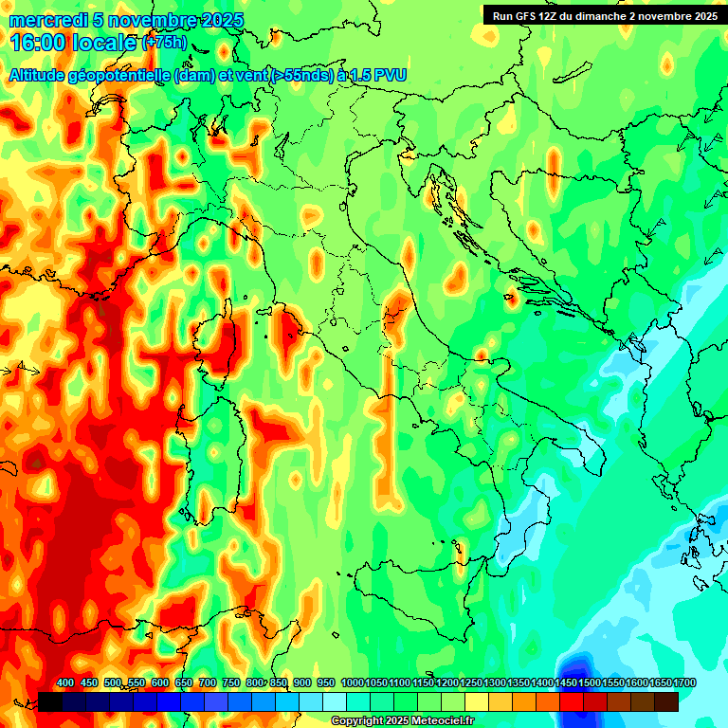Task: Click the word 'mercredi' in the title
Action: click(x=42, y=21)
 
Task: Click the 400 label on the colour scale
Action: click(x=65, y=683)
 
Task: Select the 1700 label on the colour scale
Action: click(x=661, y=683)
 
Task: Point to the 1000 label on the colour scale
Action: click(x=352, y=683)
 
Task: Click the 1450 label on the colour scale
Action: click(x=566, y=683)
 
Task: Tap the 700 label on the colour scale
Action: click(x=208, y=683)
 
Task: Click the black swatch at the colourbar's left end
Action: click(x=50, y=701)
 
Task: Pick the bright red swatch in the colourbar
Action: click(x=572, y=701)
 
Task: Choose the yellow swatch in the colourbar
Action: click(x=477, y=701)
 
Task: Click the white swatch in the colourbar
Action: click(x=335, y=701)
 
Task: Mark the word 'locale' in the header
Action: click(x=105, y=43)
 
